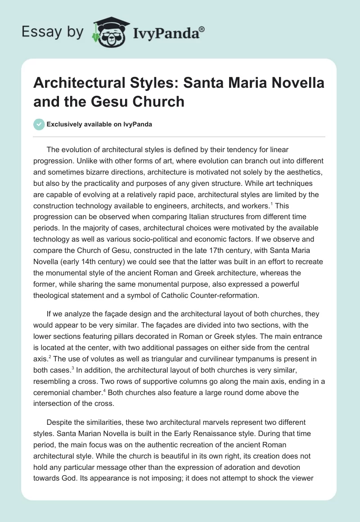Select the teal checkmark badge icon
(39, 124)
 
